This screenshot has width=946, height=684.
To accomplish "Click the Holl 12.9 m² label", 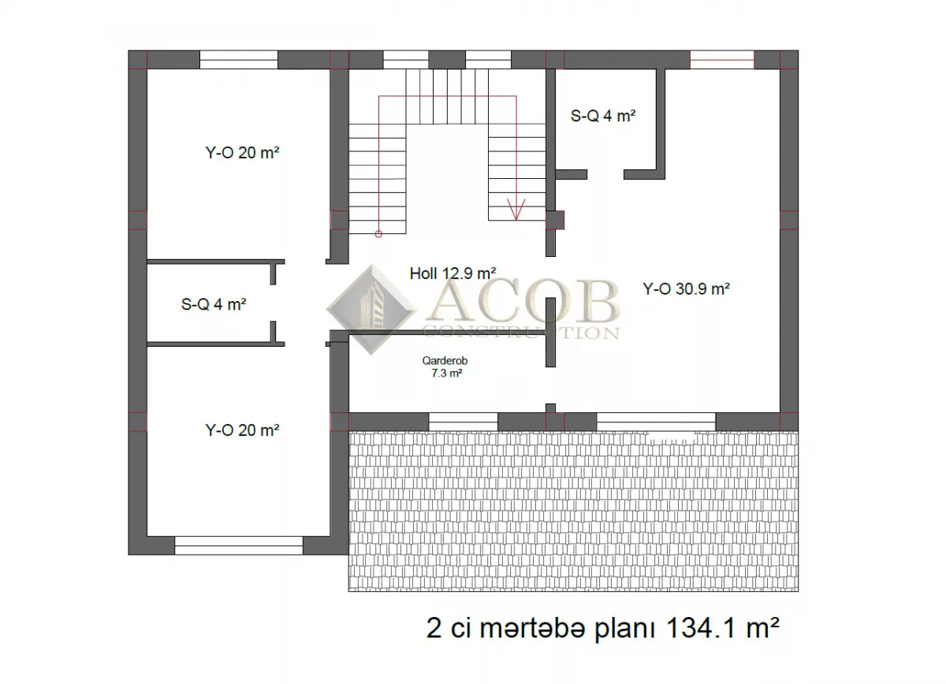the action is click(453, 273).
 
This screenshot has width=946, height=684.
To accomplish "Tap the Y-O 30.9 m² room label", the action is click(687, 288).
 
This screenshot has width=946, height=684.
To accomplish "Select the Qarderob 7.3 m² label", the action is click(445, 366).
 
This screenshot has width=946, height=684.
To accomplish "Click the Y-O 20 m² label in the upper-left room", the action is click(243, 152).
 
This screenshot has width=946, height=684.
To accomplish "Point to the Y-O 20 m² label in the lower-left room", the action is click(243, 430).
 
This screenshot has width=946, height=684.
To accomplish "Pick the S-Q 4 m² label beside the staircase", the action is click(603, 116).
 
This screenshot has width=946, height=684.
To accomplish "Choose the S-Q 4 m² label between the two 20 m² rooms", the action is click(214, 304).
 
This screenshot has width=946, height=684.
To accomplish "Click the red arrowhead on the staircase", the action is click(516, 210).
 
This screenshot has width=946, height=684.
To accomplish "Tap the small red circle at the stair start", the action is click(378, 234).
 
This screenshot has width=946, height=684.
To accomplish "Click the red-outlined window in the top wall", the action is click(722, 60).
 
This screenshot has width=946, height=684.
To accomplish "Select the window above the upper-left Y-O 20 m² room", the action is click(239, 60).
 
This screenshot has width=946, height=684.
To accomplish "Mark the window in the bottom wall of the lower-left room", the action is click(239, 545).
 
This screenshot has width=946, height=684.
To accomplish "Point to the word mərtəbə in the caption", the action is click(533, 629).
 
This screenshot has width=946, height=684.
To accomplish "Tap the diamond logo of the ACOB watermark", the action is click(371, 310).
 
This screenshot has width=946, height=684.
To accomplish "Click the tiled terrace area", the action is click(573, 511).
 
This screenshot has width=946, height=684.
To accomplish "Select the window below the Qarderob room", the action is click(464, 422).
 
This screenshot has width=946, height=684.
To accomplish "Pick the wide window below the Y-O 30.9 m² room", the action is click(656, 422).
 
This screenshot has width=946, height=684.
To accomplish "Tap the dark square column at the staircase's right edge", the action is click(555, 220).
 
